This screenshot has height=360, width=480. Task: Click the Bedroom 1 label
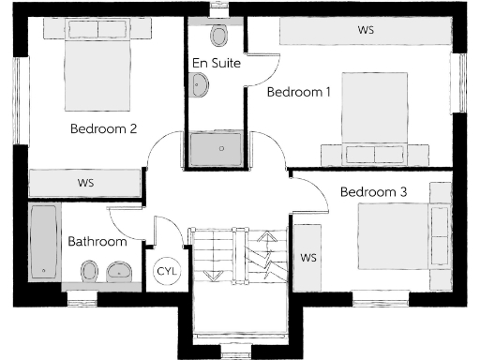[x=299, y=92]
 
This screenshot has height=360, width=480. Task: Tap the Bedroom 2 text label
[x=104, y=129]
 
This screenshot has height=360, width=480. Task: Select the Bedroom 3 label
[x=373, y=192]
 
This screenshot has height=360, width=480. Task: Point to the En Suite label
[x=217, y=64]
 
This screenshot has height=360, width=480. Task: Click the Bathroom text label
[x=97, y=242]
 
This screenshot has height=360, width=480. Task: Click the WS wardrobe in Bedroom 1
[x=366, y=30]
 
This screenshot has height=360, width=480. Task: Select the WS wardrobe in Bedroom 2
[x=85, y=182]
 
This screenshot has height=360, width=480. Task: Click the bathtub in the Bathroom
[x=43, y=241]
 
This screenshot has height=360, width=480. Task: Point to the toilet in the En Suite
[x=219, y=35]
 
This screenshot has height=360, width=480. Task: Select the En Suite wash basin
[x=201, y=85]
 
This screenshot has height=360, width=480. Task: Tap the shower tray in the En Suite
[x=216, y=148]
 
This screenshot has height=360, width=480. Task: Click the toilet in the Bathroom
[x=86, y=273]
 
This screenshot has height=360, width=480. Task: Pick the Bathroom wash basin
[x=118, y=273]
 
